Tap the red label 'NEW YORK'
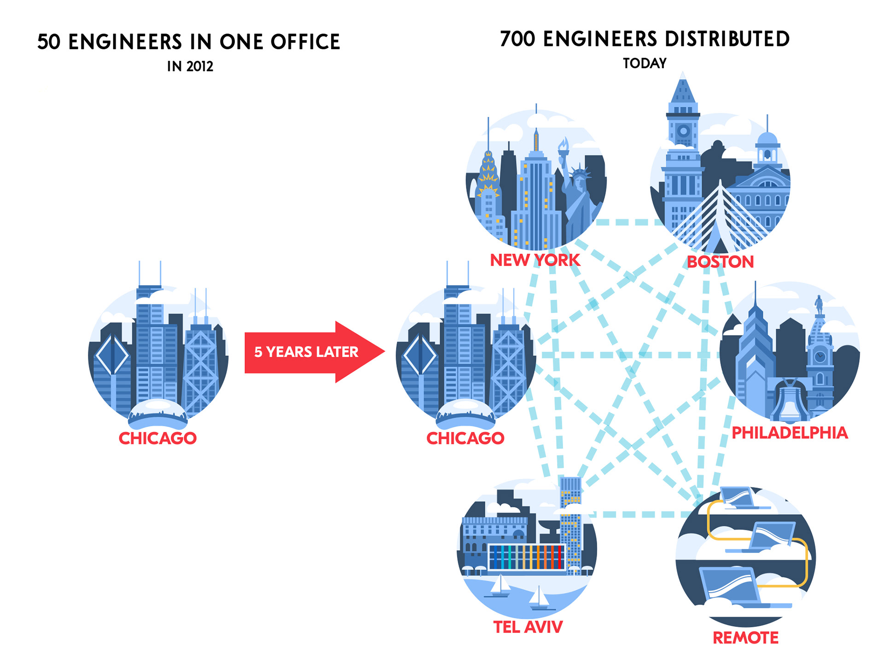coord(535,260)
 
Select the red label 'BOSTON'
coord(720,262)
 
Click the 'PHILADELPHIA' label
coord(790,433)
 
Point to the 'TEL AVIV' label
coord(528,627)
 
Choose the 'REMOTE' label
coord(745,638)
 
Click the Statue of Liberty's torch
coord(563,146)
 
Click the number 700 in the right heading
coord(518,39)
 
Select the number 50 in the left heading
coord(49,42)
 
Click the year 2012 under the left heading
coord(200,67)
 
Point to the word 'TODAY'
coord(645,64)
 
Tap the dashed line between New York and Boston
coord(628,222)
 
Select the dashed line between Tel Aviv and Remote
coord(635,514)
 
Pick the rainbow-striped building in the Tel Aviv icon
coord(526,557)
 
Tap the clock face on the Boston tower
coord(683,131)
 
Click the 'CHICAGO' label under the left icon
coord(157,438)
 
